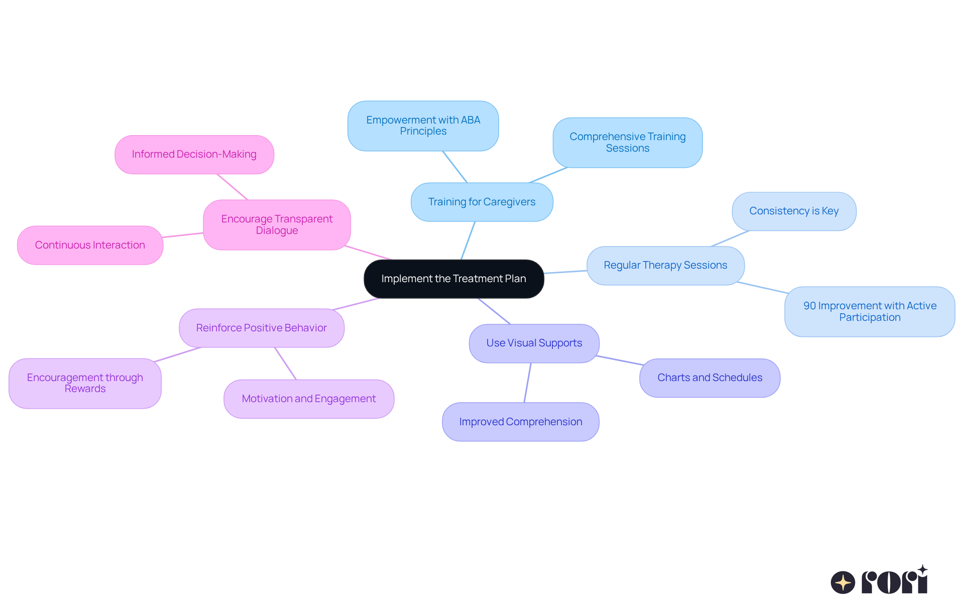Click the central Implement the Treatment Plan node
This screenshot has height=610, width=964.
(x=453, y=279)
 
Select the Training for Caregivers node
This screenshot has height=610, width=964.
(x=481, y=202)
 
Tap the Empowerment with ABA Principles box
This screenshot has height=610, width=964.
(x=423, y=126)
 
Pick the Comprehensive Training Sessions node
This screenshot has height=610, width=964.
(x=627, y=143)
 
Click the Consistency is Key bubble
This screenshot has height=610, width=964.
(x=794, y=211)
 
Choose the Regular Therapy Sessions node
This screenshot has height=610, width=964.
(x=665, y=265)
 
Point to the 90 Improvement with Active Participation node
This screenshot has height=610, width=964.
(x=870, y=311)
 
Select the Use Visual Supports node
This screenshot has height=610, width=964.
(x=534, y=343)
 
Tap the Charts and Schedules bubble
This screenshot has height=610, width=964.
(x=709, y=378)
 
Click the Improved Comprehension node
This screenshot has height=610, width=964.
(x=520, y=422)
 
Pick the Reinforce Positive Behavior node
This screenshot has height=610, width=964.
(x=261, y=328)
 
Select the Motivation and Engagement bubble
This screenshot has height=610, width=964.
(x=308, y=399)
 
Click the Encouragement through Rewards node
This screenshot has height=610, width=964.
(x=85, y=383)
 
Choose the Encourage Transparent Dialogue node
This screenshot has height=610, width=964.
(x=277, y=224)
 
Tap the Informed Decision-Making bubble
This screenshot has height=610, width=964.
(x=194, y=154)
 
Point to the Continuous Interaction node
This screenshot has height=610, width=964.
(x=90, y=245)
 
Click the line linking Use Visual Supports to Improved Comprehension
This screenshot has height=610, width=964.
(x=528, y=383)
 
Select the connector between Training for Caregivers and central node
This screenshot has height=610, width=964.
(x=468, y=240)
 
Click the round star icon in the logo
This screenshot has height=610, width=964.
(x=842, y=582)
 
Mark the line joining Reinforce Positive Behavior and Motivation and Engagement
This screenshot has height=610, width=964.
(x=285, y=363)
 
